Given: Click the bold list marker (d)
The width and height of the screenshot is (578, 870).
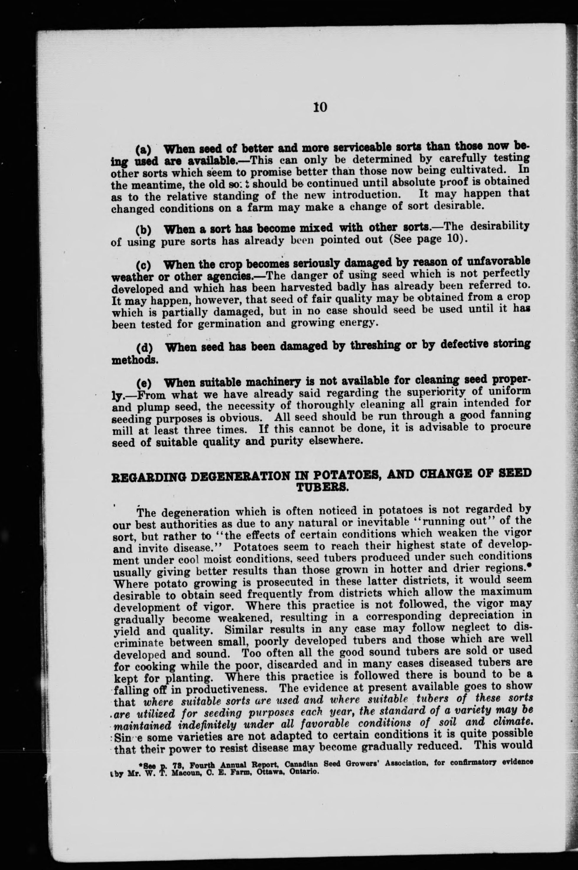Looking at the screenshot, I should pyautogui.click(x=144, y=347).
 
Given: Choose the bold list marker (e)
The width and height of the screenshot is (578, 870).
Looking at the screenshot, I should pyautogui.click(x=144, y=383).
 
